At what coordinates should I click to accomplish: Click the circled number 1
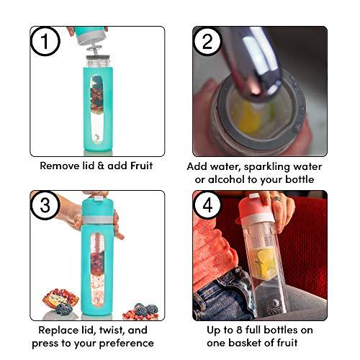45,41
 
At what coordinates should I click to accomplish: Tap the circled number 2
207,41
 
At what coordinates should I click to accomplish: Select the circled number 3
45,205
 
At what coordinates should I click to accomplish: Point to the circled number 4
207,205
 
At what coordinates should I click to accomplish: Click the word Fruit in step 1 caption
141,166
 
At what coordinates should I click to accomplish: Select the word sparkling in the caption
269,167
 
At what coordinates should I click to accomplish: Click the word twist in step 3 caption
110,330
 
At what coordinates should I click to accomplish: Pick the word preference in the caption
127,343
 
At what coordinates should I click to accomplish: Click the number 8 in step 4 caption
239,330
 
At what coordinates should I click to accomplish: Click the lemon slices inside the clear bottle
264,262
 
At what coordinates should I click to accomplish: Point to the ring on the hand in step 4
276,199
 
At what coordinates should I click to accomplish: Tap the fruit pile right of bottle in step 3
141,312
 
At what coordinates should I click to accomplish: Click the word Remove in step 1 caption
57,166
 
